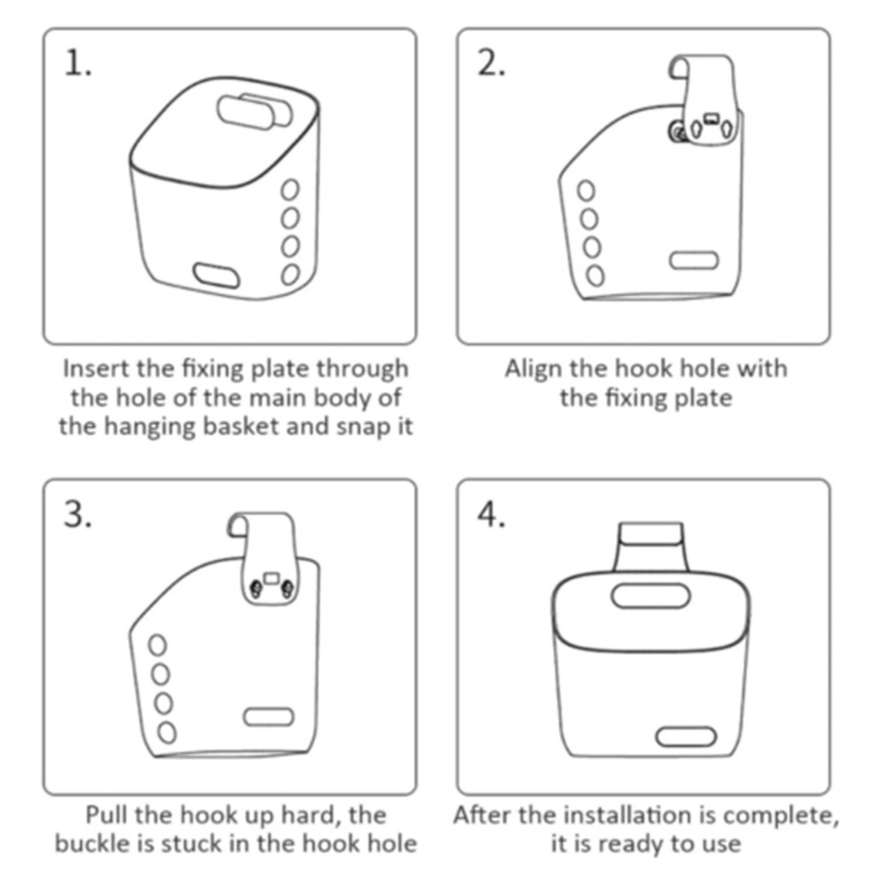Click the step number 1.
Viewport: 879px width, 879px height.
coord(78,63)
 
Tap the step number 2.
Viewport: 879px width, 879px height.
coord(491,63)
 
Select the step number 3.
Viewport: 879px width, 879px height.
coord(77,514)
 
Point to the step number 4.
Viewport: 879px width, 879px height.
coord(491,514)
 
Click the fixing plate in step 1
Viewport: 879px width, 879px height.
coord(255,111)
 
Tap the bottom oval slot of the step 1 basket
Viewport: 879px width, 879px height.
coord(216,276)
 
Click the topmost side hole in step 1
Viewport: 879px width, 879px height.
coord(290,190)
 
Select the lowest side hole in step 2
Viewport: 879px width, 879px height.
coord(596,276)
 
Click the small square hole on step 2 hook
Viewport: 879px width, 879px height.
coord(712,118)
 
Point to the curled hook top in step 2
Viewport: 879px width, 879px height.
coord(679,67)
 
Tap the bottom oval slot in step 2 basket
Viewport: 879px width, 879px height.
coord(694,261)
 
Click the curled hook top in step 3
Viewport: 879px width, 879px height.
coord(239,524)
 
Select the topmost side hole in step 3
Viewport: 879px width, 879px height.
coord(158,646)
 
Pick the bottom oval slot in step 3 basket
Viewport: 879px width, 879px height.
coord(269,717)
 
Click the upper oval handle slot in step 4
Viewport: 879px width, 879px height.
coord(651,596)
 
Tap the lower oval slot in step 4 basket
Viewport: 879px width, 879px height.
coord(686,737)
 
